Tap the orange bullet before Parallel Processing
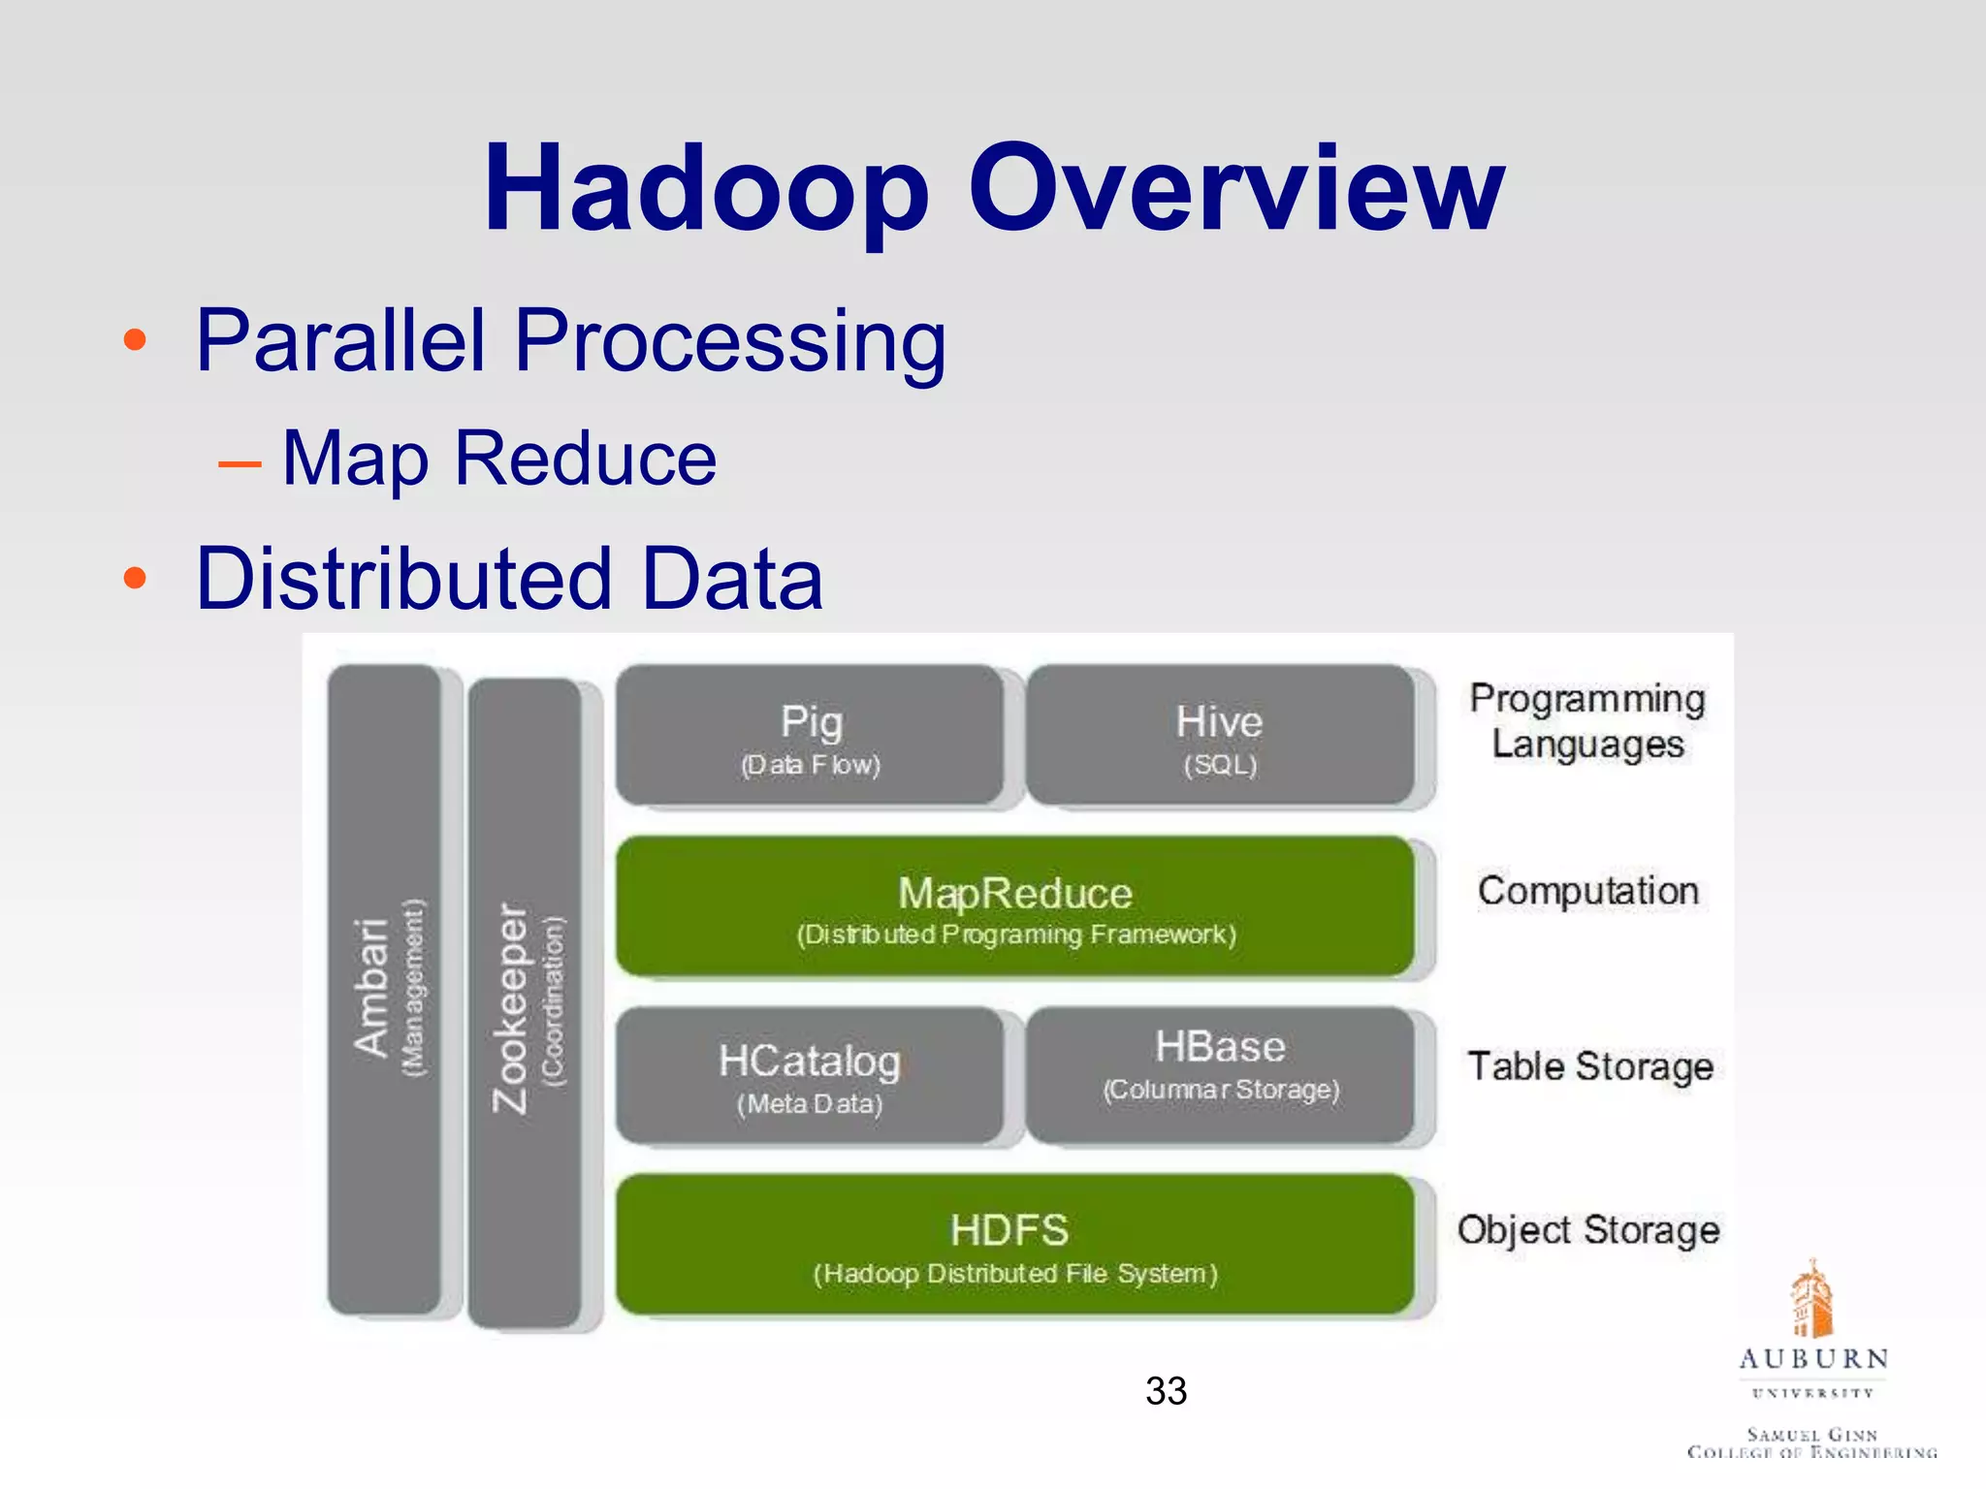pyautogui.click(x=135, y=340)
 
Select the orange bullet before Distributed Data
pyautogui.click(x=135, y=579)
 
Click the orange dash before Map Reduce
pyautogui.click(x=240, y=464)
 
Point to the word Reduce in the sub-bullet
pyautogui.click(x=586, y=459)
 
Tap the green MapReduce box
pyautogui.click(x=1014, y=906)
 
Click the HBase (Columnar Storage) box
pyautogui.click(x=1220, y=1074)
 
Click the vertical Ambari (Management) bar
pyautogui.click(x=385, y=989)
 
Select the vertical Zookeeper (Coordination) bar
pyautogui.click(x=525, y=1003)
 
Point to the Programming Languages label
pyautogui.click(x=1587, y=721)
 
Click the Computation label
pyautogui.click(x=1587, y=891)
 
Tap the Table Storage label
pyautogui.click(x=1589, y=1066)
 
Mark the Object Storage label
pyautogui.click(x=1587, y=1230)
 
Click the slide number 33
pyautogui.click(x=1166, y=1391)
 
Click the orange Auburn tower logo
pyautogui.click(x=1811, y=1299)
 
